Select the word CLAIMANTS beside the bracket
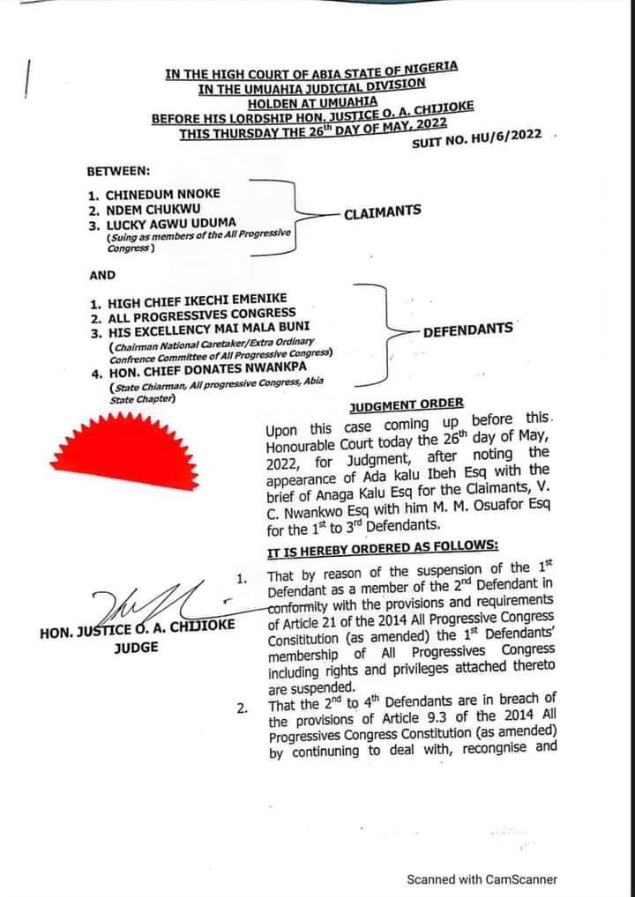tap(382, 213)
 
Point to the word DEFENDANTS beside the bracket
tap(467, 330)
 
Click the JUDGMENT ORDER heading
tap(407, 404)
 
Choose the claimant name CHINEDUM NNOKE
tap(162, 195)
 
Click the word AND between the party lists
tap(102, 275)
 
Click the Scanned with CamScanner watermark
tap(482, 878)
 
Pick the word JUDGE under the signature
tap(137, 648)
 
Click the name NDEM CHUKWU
tap(153, 210)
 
